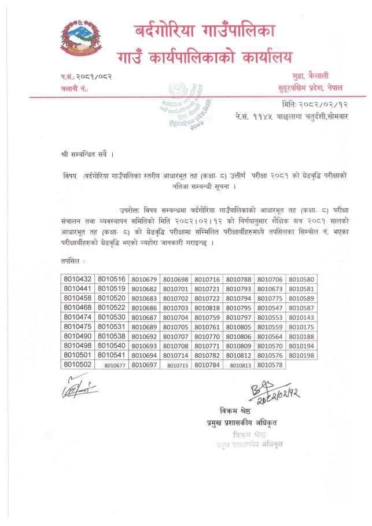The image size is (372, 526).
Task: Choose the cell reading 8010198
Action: point(301,355)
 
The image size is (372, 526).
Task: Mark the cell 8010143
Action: point(301,317)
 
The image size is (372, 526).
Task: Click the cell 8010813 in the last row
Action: point(240,365)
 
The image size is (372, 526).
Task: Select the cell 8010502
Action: point(78,365)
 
